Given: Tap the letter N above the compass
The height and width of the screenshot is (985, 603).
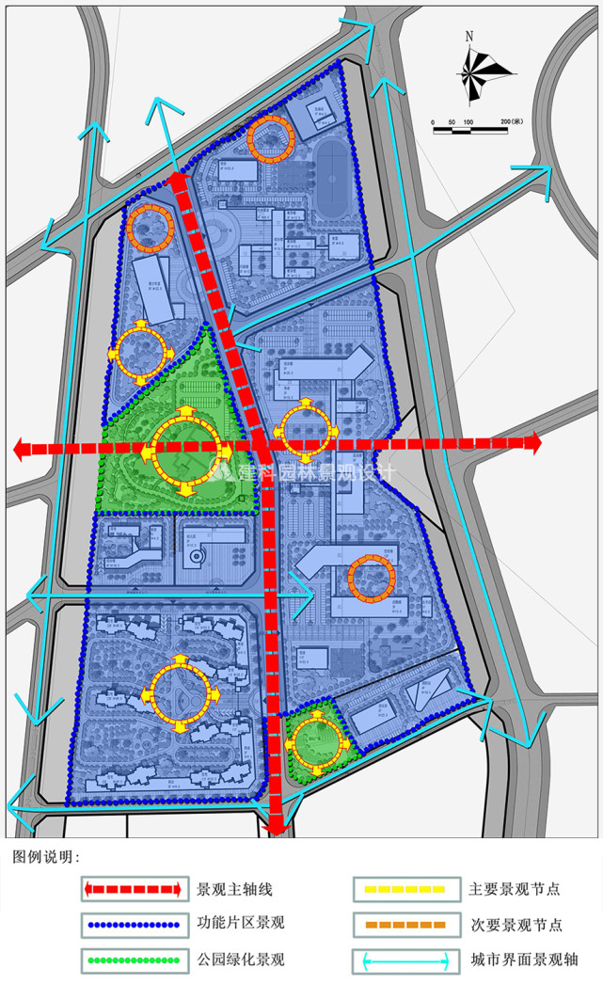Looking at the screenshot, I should [468, 38].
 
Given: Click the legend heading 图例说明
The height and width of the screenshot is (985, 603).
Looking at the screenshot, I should [46, 858].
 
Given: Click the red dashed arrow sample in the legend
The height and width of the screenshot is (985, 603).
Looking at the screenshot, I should [132, 888].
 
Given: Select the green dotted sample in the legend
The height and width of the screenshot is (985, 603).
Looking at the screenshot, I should [132, 961].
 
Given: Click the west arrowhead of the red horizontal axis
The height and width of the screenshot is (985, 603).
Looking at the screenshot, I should [21, 450].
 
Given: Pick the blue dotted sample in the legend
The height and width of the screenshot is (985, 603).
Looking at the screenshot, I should [132, 924].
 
